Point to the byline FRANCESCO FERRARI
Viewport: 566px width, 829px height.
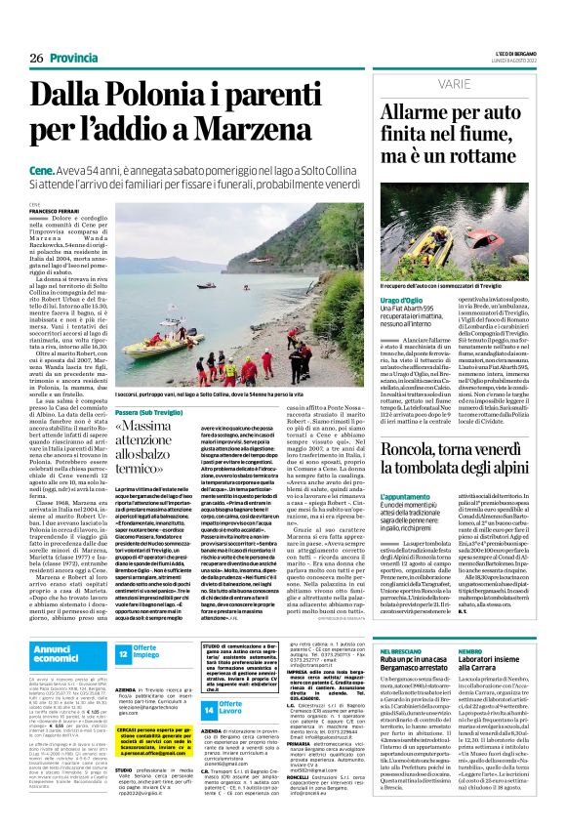54,210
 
